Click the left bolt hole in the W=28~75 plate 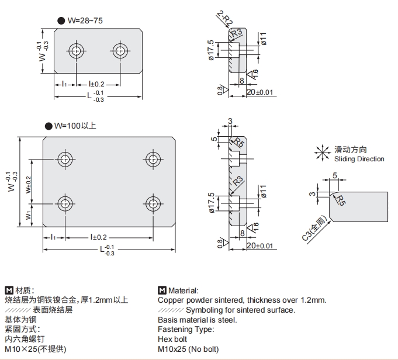[76, 51]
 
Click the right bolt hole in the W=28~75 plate [120, 51]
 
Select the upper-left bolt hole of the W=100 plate [64, 158]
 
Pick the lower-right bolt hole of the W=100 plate [153, 203]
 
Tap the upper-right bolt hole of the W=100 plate [153, 158]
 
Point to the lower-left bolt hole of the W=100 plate [64, 203]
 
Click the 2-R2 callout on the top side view [224, 18]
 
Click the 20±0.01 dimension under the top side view [260, 92]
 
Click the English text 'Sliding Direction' [359, 159]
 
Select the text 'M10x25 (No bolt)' [188, 349]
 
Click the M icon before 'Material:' [162, 290]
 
